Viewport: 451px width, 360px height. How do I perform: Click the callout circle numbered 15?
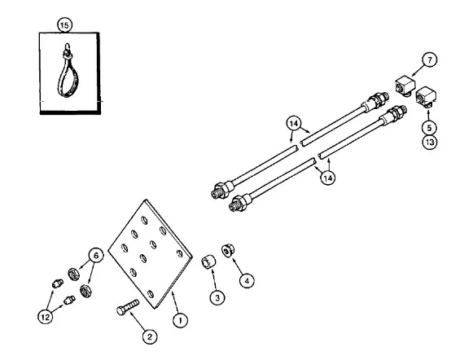click(x=64, y=25)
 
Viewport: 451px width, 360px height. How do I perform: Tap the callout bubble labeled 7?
click(x=430, y=60)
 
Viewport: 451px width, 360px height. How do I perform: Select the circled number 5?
click(x=429, y=128)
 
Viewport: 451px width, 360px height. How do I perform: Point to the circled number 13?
click(x=430, y=143)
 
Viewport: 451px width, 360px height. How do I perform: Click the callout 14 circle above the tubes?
click(x=294, y=124)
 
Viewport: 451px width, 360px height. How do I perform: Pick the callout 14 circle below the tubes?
click(x=328, y=178)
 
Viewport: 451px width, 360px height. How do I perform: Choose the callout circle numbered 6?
click(x=96, y=255)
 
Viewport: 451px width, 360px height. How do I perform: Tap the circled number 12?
click(x=46, y=317)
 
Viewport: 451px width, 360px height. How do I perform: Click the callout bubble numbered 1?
click(x=181, y=320)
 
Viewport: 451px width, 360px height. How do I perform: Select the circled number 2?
click(x=150, y=336)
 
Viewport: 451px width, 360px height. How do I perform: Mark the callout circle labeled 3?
click(x=217, y=297)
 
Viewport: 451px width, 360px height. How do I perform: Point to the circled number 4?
click(x=247, y=280)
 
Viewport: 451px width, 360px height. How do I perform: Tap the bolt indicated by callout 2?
click(x=128, y=307)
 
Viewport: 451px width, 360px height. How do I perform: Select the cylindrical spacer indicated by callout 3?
click(x=208, y=262)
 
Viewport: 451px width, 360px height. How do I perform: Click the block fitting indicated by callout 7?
click(x=405, y=86)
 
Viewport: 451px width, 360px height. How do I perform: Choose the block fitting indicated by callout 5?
click(x=426, y=97)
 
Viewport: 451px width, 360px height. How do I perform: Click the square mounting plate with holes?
click(x=150, y=254)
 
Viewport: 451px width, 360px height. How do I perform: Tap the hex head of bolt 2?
click(x=121, y=311)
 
